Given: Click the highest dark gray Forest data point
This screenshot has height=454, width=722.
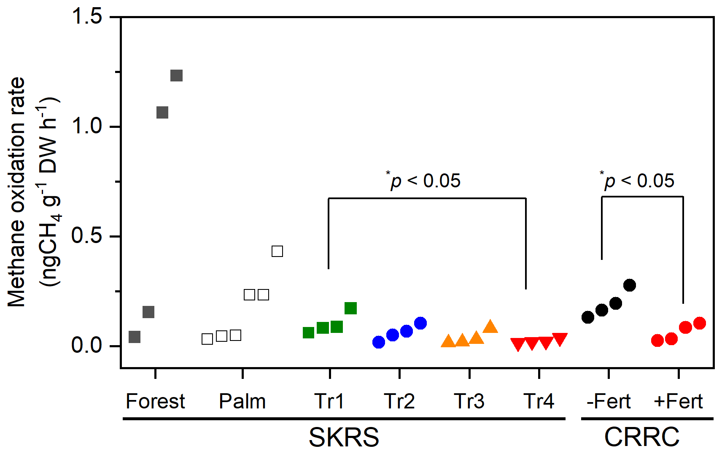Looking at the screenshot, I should [176, 76].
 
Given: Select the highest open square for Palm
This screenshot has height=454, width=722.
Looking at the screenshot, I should [277, 251].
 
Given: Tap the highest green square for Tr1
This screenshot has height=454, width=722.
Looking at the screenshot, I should [350, 308].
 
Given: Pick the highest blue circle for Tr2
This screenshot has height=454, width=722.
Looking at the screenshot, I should [420, 323].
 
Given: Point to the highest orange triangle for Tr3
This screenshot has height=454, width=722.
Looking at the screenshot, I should [490, 326].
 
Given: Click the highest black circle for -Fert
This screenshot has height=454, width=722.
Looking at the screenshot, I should [629, 285].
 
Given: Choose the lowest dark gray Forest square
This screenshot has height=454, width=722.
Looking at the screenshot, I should [135, 337].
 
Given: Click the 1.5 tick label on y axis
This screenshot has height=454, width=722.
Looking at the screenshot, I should [87, 17].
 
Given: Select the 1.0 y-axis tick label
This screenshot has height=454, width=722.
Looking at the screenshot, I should [87, 126].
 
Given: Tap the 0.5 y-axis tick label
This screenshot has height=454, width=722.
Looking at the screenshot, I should [87, 235].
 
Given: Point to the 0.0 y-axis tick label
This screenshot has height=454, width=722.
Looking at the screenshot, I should [87, 345].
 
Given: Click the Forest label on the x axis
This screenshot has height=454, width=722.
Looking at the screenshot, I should [155, 401].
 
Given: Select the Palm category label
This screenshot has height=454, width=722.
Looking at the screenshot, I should [242, 401].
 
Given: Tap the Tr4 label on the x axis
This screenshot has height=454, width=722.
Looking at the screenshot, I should [539, 401].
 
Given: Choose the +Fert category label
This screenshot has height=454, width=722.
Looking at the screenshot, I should [678, 401].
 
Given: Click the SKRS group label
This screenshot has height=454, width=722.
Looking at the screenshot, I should [344, 437].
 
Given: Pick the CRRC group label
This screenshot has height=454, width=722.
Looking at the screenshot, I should [641, 437].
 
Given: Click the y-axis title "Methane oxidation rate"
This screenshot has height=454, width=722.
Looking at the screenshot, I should [17, 192].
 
